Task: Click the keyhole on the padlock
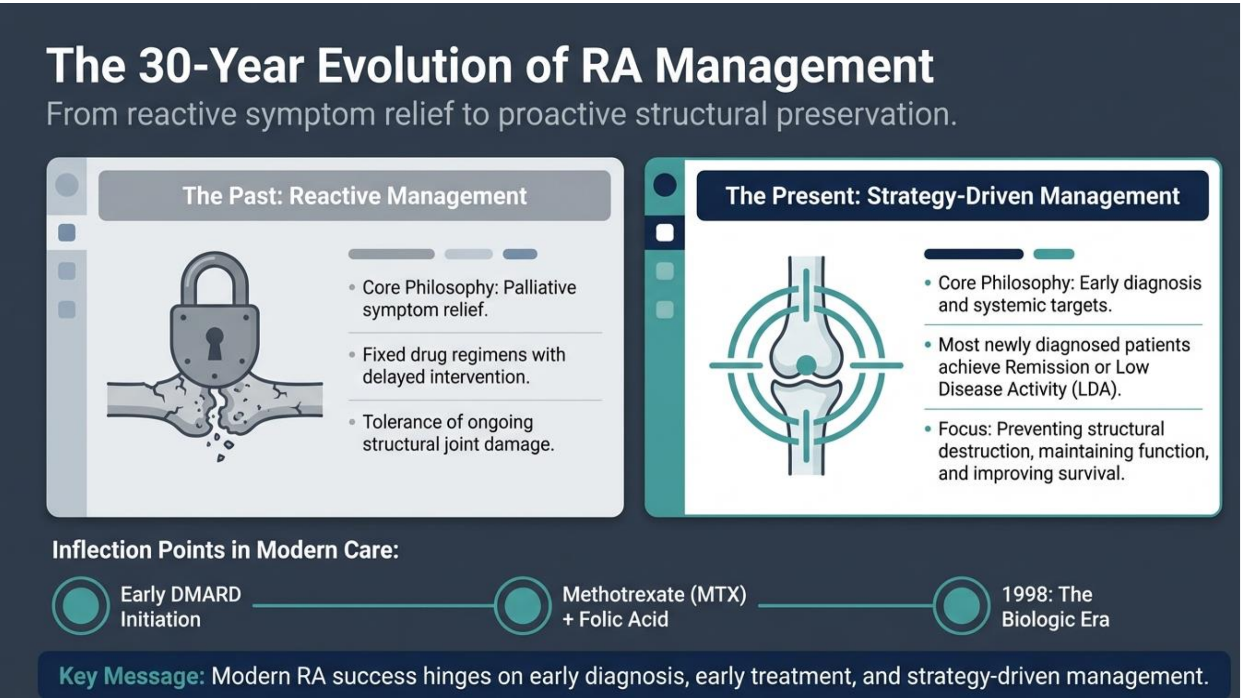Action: [215, 343]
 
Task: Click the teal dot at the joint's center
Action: [806, 365]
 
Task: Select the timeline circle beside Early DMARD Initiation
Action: [81, 605]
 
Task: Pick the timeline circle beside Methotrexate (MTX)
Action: [523, 605]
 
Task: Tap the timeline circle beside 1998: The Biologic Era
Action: [962, 605]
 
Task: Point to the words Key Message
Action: [132, 676]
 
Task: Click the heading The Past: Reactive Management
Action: [355, 196]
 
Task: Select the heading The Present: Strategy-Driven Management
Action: [952, 196]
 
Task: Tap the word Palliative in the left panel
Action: [540, 288]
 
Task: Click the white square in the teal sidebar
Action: [665, 233]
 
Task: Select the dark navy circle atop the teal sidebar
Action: [665, 185]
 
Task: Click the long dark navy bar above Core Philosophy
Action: [974, 254]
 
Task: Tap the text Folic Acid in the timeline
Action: [623, 619]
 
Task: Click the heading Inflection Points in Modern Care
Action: [225, 550]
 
